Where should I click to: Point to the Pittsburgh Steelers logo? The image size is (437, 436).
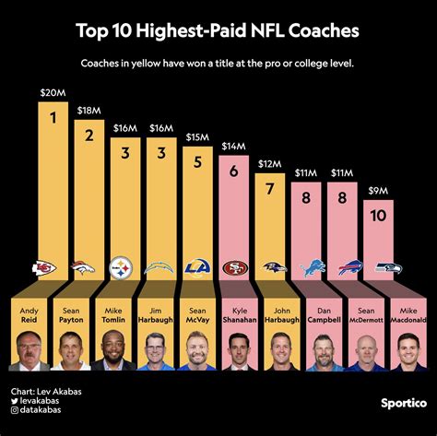pos(122,268)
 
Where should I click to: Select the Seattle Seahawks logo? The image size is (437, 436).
pos(388,268)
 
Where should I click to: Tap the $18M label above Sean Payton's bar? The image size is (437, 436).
pos(89,110)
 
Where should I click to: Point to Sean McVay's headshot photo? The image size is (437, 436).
pos(200,351)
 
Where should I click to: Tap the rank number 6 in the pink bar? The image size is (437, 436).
pos(236,171)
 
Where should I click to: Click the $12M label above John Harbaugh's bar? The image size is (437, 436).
pos(269,164)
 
